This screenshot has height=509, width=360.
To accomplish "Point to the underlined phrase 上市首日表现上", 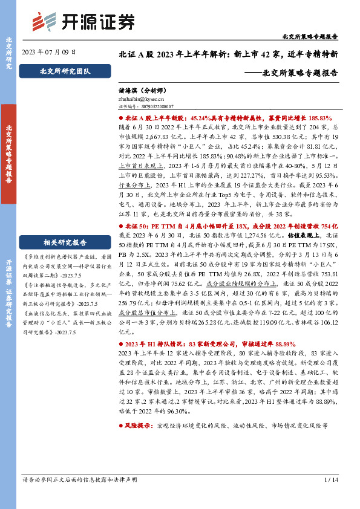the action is point(137,164).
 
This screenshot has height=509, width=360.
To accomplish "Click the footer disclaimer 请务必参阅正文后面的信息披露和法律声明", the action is point(79,480).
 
